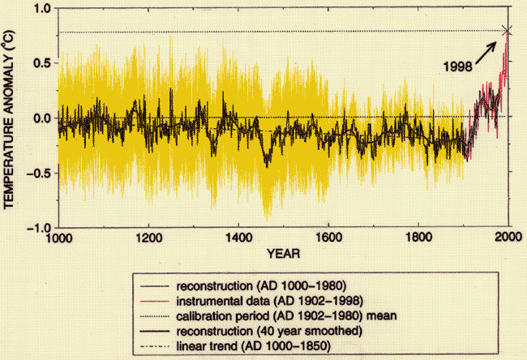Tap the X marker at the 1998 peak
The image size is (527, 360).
point(508,31)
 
